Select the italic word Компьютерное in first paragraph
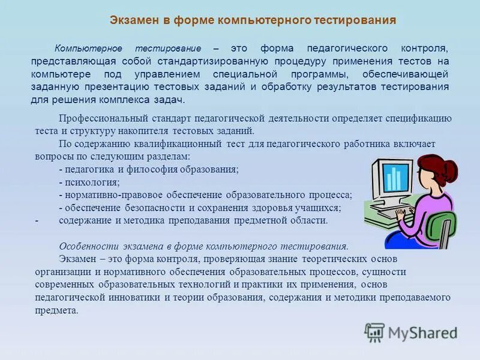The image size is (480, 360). (89, 48)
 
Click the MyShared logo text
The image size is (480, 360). (423, 332)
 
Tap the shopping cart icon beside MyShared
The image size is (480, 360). (374, 332)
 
